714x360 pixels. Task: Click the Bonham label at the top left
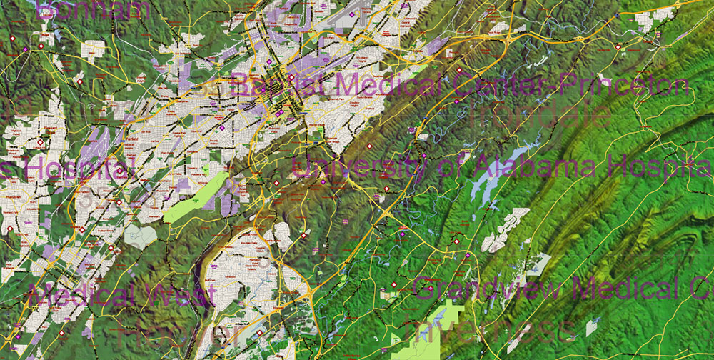93,9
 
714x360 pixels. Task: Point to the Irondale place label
539,114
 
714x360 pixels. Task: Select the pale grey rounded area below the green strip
140,236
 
